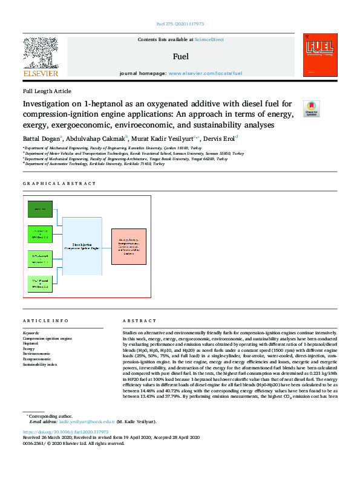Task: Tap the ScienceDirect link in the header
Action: (x=209, y=39)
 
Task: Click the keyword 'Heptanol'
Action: (x=31, y=344)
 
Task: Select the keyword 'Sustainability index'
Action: (x=40, y=365)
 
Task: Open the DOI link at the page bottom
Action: (x=65, y=432)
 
